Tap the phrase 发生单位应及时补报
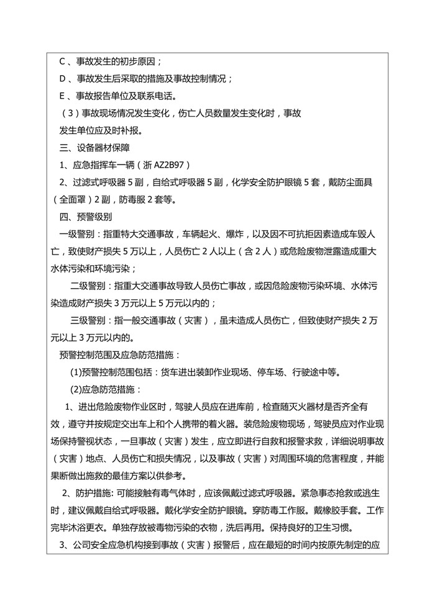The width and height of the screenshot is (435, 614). click(101, 130)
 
